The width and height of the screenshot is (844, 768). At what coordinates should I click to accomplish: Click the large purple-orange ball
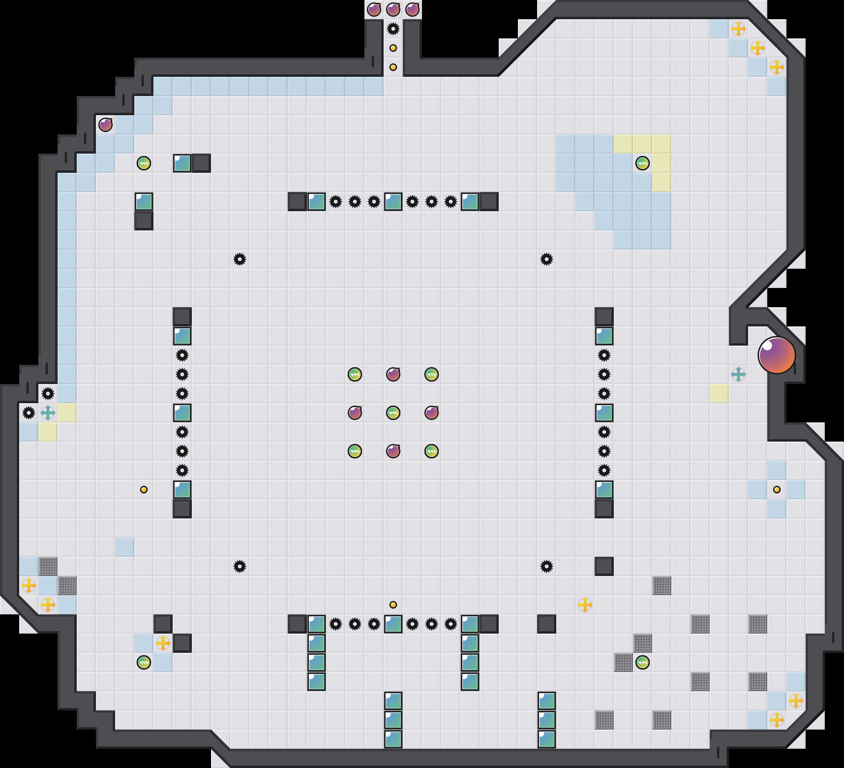pyautogui.click(x=776, y=355)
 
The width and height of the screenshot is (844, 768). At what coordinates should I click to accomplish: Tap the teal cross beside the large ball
pyautogui.click(x=738, y=374)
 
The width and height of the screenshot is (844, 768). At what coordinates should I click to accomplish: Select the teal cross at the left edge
pyautogui.click(x=48, y=412)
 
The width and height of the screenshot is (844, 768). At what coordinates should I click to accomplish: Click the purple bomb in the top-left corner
pyautogui.click(x=105, y=125)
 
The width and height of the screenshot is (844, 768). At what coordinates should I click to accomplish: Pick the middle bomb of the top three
pyautogui.click(x=393, y=10)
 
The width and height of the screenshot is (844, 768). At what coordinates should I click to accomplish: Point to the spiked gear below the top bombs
pyautogui.click(x=393, y=29)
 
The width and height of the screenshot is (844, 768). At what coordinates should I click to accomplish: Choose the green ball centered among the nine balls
pyautogui.click(x=393, y=413)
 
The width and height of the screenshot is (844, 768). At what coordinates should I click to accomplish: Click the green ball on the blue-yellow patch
pyautogui.click(x=643, y=163)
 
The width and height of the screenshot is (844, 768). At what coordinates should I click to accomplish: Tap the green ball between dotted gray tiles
pyautogui.click(x=643, y=662)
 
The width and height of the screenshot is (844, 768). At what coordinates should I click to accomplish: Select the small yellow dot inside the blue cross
pyautogui.click(x=777, y=490)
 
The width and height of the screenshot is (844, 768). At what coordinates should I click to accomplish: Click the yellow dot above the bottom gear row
pyautogui.click(x=393, y=605)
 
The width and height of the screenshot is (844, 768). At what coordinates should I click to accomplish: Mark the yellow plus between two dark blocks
pyautogui.click(x=163, y=643)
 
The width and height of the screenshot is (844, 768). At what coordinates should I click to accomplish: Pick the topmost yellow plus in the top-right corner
pyautogui.click(x=738, y=29)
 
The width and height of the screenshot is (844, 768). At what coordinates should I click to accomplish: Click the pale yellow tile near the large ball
pyautogui.click(x=719, y=394)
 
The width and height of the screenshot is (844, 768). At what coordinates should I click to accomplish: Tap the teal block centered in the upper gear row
pyautogui.click(x=393, y=202)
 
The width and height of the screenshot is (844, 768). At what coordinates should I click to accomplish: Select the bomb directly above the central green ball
pyautogui.click(x=393, y=374)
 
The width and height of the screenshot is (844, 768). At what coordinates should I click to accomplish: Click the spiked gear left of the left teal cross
pyautogui.click(x=29, y=412)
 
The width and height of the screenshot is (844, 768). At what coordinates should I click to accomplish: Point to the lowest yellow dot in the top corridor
pyautogui.click(x=393, y=67)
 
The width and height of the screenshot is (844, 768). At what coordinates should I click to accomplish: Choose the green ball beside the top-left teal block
pyautogui.click(x=144, y=163)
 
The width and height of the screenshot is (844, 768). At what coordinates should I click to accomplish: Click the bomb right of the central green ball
pyautogui.click(x=432, y=413)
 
